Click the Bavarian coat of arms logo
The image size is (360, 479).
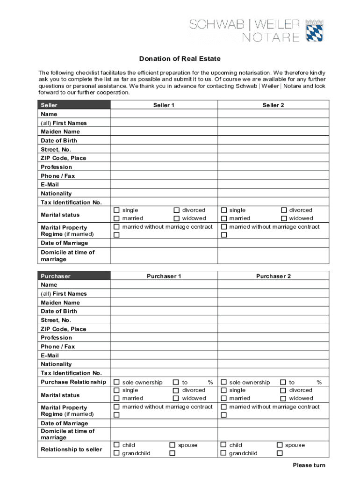click(x=315, y=30)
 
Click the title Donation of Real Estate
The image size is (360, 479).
click(x=180, y=59)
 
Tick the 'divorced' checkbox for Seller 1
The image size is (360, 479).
click(x=177, y=210)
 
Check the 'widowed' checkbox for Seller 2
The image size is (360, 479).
click(x=284, y=218)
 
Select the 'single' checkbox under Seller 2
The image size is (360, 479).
click(x=224, y=210)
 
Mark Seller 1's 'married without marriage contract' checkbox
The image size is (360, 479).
click(x=117, y=227)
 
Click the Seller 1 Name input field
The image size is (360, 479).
click(x=164, y=114)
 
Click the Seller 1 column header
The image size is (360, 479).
click(x=164, y=105)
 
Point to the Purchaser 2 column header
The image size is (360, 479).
click(x=273, y=276)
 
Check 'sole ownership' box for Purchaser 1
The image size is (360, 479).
click(x=117, y=383)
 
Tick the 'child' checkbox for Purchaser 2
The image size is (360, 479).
click(x=224, y=445)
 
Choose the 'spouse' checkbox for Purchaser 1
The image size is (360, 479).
click(x=173, y=445)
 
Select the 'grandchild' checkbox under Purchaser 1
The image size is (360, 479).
click(x=117, y=453)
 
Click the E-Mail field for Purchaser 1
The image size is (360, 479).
click(x=164, y=356)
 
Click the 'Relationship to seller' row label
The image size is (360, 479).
click(x=71, y=450)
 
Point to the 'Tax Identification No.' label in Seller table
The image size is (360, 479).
click(x=71, y=202)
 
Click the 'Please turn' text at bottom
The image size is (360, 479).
click(x=309, y=465)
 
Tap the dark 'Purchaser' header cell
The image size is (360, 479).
click(x=74, y=276)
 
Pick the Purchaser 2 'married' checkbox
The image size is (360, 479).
click(x=224, y=399)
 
